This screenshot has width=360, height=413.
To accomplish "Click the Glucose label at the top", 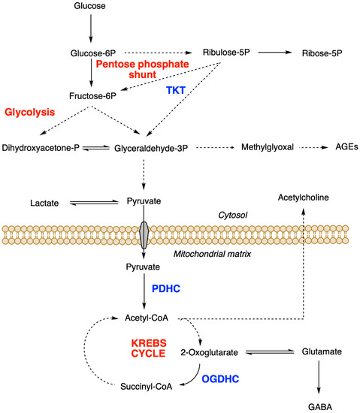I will (91, 7).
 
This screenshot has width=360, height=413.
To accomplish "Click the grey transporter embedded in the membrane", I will (145, 235).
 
